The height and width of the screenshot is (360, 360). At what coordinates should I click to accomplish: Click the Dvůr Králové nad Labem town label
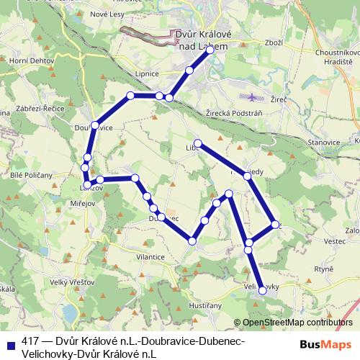(202, 40)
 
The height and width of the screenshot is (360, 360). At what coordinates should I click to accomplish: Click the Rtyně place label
(324, 269)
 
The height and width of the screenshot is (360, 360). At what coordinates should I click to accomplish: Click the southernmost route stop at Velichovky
(262, 292)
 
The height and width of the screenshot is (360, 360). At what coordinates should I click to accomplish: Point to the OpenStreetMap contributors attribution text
(293, 323)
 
